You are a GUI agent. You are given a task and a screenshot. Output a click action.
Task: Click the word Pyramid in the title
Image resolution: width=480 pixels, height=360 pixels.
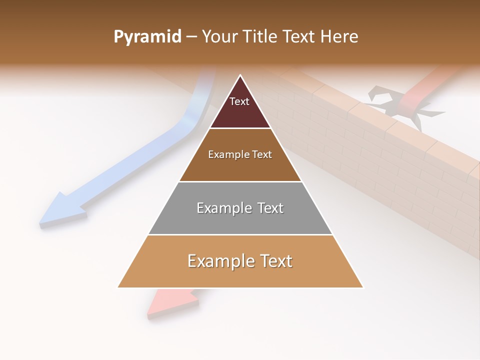pos(147,37)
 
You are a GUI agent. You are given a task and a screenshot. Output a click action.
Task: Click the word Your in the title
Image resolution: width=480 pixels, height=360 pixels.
pos(218,36)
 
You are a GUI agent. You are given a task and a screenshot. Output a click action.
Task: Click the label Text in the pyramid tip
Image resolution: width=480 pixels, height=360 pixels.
pos(239,101)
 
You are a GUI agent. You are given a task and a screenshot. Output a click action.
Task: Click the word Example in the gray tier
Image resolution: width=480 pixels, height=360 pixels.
pos(223,208)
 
